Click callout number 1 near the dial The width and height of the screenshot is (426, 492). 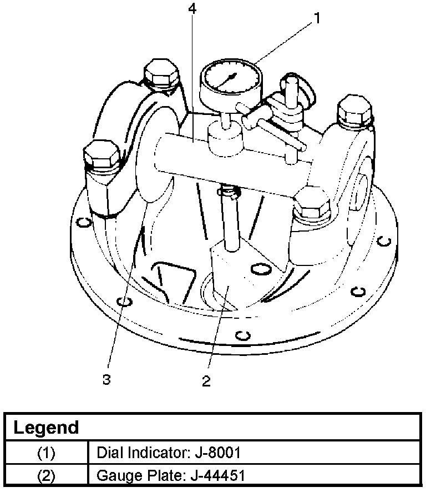(x=317, y=18)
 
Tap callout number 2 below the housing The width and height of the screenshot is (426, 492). (x=206, y=381)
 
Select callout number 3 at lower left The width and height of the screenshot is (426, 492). (x=107, y=380)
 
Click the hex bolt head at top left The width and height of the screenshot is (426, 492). (x=161, y=74)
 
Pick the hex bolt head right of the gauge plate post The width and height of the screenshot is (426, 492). (x=312, y=203)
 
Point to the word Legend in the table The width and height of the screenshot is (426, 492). (x=46, y=428)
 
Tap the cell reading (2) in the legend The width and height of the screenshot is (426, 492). (x=47, y=476)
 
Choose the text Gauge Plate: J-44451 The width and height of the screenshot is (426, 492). (x=171, y=476)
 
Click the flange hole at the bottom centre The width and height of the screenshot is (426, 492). (x=240, y=335)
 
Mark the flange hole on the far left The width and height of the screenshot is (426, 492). (x=83, y=223)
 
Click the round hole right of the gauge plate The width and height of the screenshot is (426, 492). (x=258, y=270)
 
